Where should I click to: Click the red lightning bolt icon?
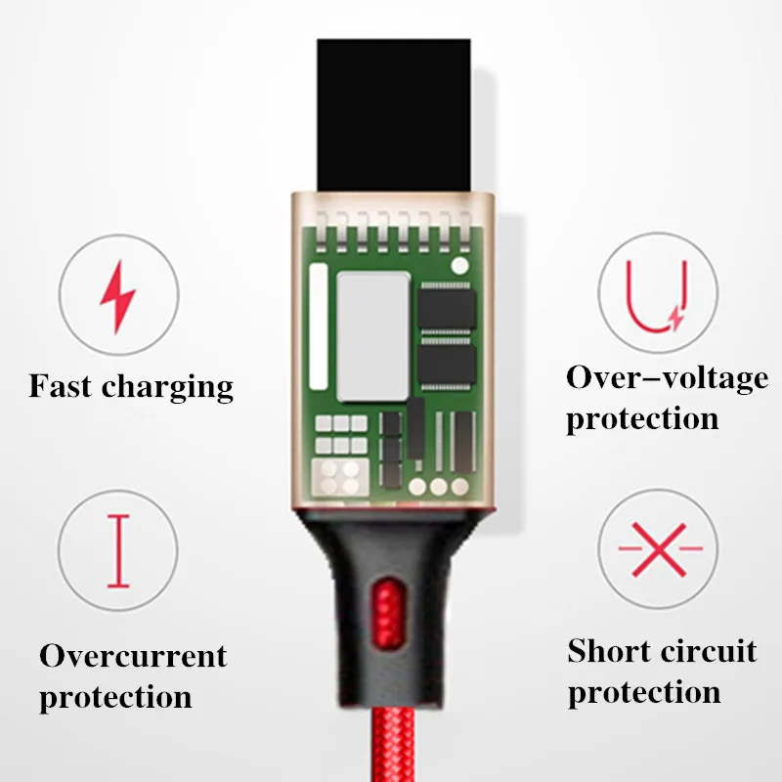tap(118, 296)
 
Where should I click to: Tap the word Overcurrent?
tap(133, 655)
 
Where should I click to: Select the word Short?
tap(609, 650)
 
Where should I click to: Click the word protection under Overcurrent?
tap(115, 698)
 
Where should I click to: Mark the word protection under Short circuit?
tap(644, 693)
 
